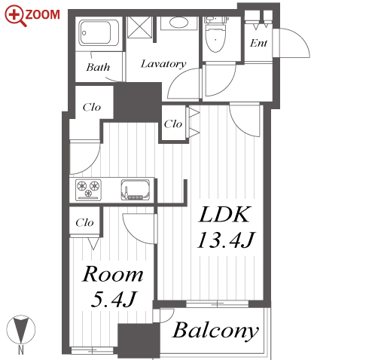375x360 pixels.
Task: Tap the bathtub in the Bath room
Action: tap(99, 32)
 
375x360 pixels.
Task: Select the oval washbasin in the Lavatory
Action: tap(178, 23)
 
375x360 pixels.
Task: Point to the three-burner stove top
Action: tap(88, 190)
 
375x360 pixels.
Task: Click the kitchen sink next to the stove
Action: tap(136, 190)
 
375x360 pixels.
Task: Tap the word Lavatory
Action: tap(163, 64)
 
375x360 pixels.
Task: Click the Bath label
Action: tap(98, 67)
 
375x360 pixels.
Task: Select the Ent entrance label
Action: tap(258, 44)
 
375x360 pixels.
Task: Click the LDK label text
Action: tap(224, 215)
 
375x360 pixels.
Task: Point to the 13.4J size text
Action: tap(226, 240)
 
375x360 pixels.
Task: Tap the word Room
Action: tap(113, 274)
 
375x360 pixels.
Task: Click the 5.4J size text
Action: tap(114, 299)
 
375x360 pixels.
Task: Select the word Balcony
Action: tap(215, 331)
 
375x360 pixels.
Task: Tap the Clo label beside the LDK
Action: tap(173, 124)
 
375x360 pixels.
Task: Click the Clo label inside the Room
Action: tap(84, 223)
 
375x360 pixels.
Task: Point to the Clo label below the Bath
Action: tap(92, 108)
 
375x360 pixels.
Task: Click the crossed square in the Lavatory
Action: tap(139, 27)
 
